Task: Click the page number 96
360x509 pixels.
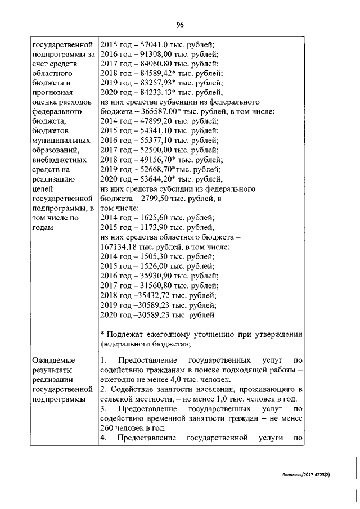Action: pyautogui.click(x=181, y=24)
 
